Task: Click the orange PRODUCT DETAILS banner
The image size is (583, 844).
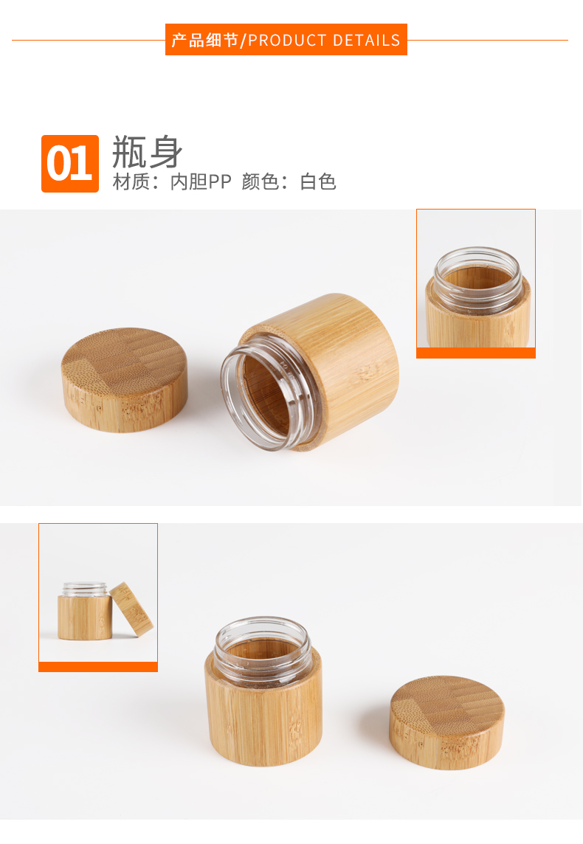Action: (286, 39)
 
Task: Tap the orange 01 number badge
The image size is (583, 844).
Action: (70, 164)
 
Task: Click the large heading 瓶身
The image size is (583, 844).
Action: (147, 152)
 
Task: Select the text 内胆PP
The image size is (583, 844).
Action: (200, 182)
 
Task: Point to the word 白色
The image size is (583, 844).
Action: (318, 182)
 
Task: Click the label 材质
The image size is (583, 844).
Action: (131, 182)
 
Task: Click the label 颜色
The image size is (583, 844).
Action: (260, 182)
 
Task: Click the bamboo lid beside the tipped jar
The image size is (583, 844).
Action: (125, 379)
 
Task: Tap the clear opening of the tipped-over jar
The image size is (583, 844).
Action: (258, 395)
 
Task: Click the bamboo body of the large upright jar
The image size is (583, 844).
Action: (263, 716)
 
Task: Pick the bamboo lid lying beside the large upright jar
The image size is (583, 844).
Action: (446, 722)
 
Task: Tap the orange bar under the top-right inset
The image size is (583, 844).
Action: (476, 353)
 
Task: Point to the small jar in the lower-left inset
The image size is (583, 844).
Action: (85, 612)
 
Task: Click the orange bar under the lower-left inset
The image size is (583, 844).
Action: (98, 667)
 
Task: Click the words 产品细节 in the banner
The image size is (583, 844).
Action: (204, 40)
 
